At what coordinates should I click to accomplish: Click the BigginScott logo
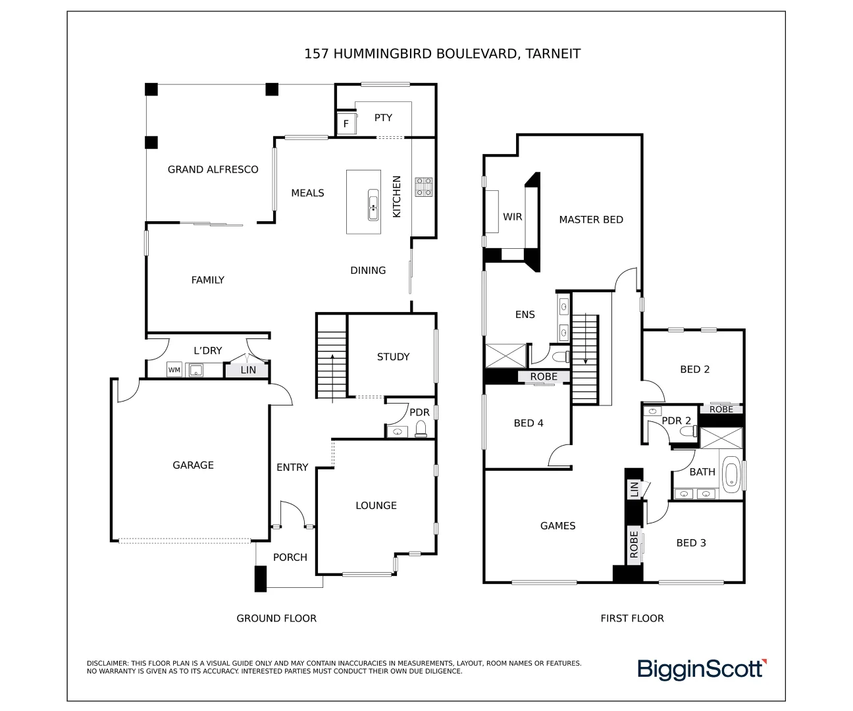pos(702,669)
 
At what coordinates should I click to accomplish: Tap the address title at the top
pos(442,54)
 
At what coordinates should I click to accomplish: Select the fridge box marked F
pos(346,124)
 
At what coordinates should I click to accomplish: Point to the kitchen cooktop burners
pos(423,186)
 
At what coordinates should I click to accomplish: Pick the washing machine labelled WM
pos(174,370)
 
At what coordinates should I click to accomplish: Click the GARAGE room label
pos(193,465)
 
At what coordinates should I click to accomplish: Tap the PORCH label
pos(290,558)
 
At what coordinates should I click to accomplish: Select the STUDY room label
pos(393,357)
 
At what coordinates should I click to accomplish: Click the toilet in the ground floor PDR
pos(421,431)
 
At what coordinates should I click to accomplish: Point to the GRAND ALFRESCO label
pos(213,170)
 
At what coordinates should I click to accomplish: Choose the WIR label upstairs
pos(513,217)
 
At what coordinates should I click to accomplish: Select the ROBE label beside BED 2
pos(721,409)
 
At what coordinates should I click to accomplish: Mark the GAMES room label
pos(557,526)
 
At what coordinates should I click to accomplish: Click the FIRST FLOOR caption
pos(632,619)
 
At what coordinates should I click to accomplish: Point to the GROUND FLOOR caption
pos(276,619)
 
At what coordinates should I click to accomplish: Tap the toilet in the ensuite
pos(561,357)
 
